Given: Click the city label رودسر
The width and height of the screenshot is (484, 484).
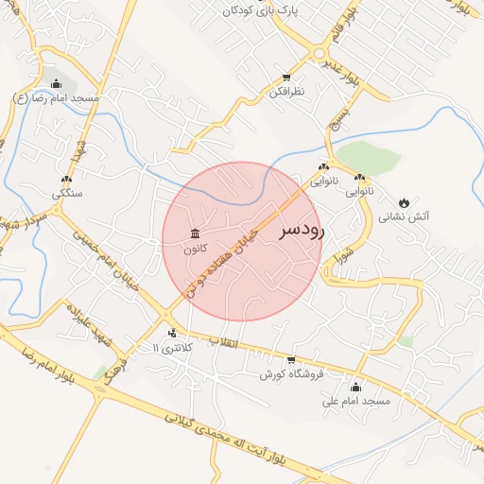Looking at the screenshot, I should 302,231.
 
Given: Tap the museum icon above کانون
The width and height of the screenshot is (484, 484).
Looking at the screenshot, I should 196,233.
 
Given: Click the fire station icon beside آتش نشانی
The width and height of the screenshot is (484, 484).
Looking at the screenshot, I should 405,202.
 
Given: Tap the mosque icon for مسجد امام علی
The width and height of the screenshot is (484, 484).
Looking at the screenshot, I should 355,387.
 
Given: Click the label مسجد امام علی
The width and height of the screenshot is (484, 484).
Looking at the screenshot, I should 355,402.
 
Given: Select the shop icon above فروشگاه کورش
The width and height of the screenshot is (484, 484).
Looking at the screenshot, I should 291,360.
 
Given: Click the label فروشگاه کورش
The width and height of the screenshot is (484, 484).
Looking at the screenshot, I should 292,374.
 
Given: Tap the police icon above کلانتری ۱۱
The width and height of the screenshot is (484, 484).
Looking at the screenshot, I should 171,333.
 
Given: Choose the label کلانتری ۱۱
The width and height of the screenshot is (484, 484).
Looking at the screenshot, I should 171,348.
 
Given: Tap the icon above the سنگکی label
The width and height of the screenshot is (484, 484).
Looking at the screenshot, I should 66,179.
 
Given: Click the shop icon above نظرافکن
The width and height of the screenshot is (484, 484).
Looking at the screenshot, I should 286,78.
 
